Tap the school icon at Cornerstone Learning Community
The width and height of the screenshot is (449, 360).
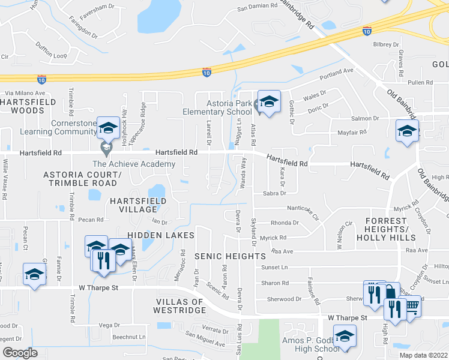108,128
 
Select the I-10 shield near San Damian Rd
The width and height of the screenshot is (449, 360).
206,73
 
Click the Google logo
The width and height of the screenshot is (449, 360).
20,352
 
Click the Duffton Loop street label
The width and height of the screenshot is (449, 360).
51,55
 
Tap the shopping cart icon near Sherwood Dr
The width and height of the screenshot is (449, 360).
411,307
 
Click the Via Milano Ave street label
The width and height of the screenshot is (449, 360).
25,93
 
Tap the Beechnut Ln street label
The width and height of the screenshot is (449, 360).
130,337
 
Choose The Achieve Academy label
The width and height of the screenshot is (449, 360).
133,164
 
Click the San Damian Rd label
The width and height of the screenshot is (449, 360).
258,7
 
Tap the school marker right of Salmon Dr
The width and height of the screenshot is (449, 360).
407,131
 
